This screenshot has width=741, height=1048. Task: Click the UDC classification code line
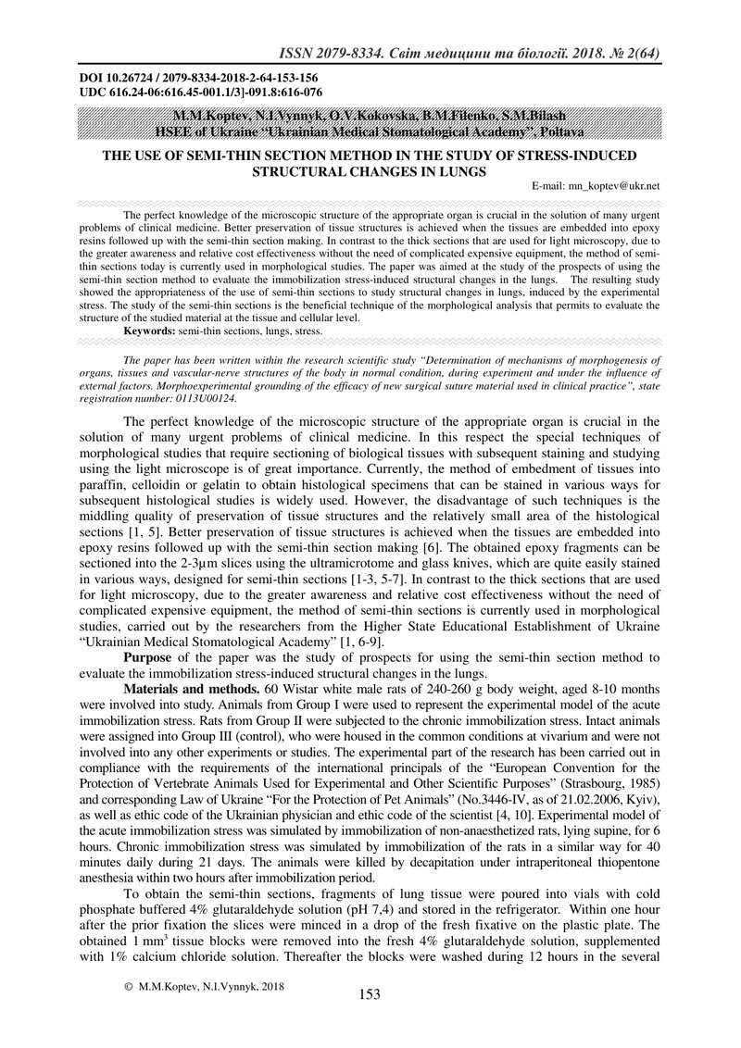click(x=199, y=93)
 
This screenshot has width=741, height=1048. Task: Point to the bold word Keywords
click(x=150, y=330)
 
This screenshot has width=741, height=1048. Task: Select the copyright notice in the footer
click(x=205, y=986)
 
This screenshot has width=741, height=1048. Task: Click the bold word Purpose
click(x=152, y=657)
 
